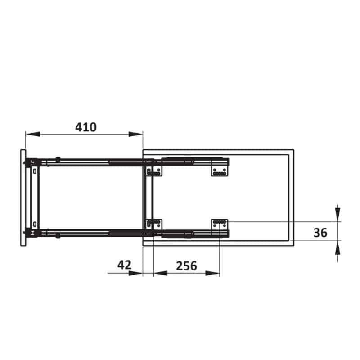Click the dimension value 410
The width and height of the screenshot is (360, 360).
[x=86, y=127]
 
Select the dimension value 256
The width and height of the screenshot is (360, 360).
[x=186, y=266]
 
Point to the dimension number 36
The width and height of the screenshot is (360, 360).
[x=320, y=233]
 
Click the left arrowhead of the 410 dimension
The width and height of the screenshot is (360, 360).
[x=33, y=134]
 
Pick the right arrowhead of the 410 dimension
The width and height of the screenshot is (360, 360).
[x=136, y=134]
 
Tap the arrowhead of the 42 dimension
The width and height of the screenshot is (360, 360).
[x=136, y=273]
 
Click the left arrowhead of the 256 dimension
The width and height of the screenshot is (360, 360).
[x=161, y=273]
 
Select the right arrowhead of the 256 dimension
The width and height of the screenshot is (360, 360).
[x=212, y=273]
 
